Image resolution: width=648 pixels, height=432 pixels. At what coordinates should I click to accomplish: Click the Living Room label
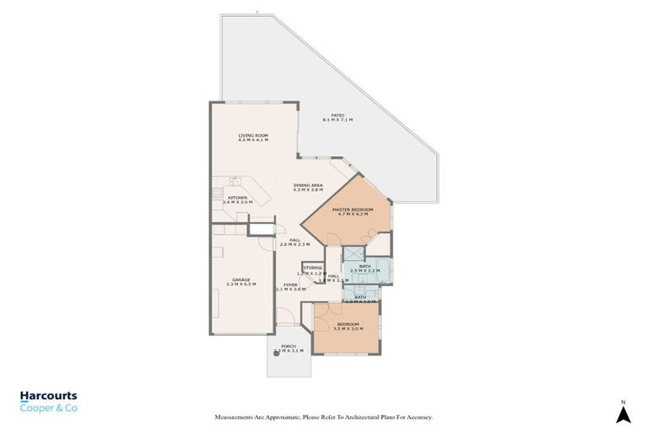click(252, 135)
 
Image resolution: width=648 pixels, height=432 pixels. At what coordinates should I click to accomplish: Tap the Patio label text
click(337, 115)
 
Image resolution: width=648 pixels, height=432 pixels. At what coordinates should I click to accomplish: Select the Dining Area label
click(308, 185)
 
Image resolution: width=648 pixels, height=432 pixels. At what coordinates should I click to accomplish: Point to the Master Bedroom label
click(348, 209)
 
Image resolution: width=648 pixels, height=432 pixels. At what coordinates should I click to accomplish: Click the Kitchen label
click(237, 197)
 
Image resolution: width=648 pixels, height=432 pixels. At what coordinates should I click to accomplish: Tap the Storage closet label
click(313, 267)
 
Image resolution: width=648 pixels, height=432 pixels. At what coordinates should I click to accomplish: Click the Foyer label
click(290, 285)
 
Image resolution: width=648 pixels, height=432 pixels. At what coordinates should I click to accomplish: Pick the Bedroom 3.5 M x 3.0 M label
click(348, 324)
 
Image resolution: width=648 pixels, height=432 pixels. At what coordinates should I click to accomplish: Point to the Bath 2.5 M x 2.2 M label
click(364, 267)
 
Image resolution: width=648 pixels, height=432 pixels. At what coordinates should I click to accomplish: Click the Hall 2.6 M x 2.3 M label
click(295, 240)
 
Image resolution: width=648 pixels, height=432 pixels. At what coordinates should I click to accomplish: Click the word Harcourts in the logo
click(49, 395)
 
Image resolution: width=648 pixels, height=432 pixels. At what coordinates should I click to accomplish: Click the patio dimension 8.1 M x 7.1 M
click(337, 121)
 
